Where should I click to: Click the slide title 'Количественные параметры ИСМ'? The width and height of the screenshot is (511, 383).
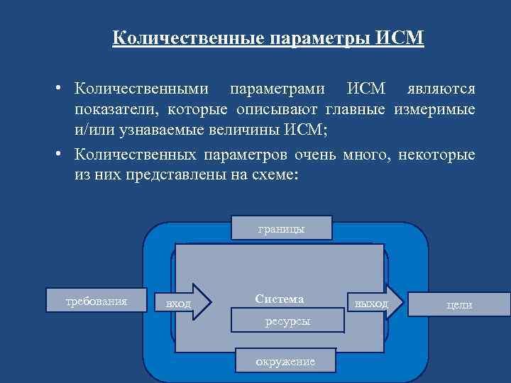tap(268, 38)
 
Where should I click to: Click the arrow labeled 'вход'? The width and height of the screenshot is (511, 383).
tap(183, 303)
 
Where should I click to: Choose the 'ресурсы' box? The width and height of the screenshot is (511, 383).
tap(287, 321)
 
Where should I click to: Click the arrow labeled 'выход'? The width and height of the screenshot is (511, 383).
tap(375, 303)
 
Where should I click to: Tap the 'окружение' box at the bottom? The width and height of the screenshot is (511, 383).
tap(285, 361)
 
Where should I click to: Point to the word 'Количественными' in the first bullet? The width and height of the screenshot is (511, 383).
tap(142, 89)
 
